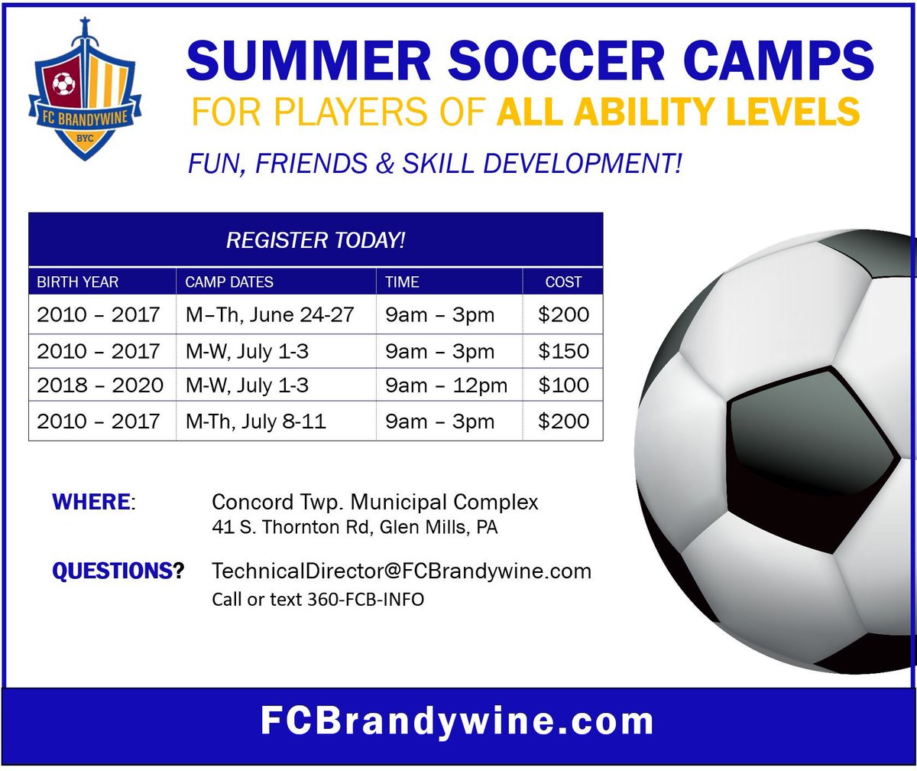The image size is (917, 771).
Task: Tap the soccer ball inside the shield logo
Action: [65, 83]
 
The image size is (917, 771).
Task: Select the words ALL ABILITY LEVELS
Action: [678, 111]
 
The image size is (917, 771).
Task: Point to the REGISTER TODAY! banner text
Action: [315, 241]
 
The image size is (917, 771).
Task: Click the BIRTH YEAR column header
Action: [77, 282]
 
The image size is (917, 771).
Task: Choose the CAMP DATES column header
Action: [228, 282]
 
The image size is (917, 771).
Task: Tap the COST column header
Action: [563, 282]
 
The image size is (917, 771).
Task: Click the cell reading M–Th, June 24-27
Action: [270, 314]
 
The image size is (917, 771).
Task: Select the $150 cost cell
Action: [563, 351]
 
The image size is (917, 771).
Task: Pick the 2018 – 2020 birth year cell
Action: [99, 385]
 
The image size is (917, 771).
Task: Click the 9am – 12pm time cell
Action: [446, 385]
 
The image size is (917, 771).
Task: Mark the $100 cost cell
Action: [563, 385]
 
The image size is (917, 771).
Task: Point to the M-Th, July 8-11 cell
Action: [255, 421]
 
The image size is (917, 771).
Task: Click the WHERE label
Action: [91, 503]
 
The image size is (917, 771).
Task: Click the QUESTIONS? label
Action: [118, 571]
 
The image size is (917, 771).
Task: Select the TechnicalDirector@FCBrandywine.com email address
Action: [401, 571]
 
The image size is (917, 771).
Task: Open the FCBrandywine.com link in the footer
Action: [457, 721]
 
